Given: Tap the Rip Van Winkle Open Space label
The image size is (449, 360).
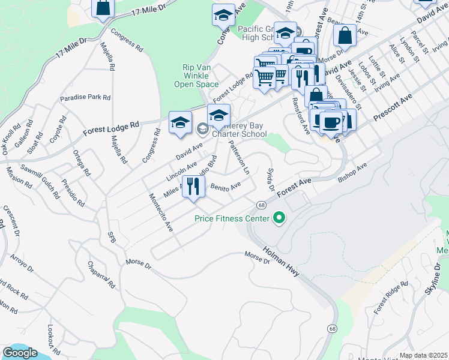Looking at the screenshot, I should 196,76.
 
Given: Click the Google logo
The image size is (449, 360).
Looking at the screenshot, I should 20,353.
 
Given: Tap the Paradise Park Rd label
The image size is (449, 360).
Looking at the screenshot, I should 85,98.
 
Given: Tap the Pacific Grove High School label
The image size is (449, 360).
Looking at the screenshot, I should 255,33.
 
